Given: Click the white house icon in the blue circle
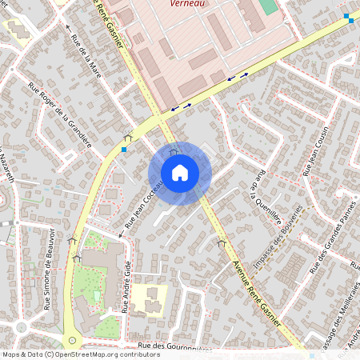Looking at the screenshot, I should [x=180, y=173].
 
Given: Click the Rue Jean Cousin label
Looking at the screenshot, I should [x=315, y=152].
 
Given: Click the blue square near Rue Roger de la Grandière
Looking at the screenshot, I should [x=123, y=149].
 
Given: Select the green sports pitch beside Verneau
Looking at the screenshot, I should [x=269, y=6].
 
